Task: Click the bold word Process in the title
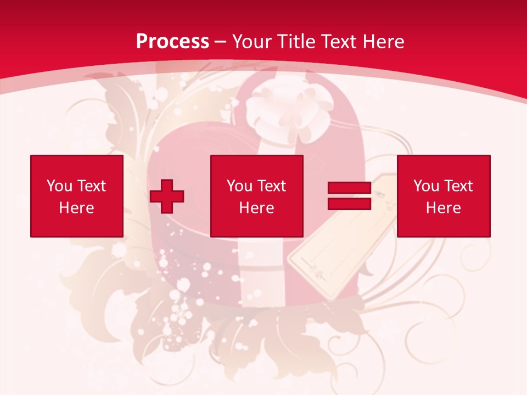tap(172, 42)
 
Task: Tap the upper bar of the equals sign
tap(349, 188)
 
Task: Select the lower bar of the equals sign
tap(349, 204)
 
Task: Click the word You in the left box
tap(60, 186)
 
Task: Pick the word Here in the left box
tap(77, 208)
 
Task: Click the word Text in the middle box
tap(271, 186)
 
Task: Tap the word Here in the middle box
tap(257, 208)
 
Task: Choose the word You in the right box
tap(427, 186)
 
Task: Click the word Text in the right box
tap(458, 186)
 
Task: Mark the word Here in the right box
tap(444, 208)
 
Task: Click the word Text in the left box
tap(91, 186)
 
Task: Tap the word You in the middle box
tap(240, 186)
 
